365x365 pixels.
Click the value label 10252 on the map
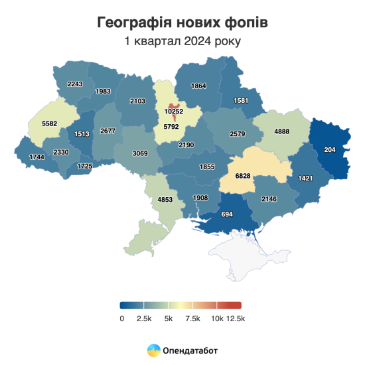click(174, 111)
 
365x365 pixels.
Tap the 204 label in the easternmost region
click(329, 150)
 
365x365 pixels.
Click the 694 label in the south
click(228, 215)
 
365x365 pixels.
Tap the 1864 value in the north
click(199, 86)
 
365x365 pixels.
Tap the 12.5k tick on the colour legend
click(235, 319)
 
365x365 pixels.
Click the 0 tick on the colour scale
click(122, 319)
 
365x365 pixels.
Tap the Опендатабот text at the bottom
click(190, 349)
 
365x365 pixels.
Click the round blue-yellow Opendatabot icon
click(153, 349)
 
